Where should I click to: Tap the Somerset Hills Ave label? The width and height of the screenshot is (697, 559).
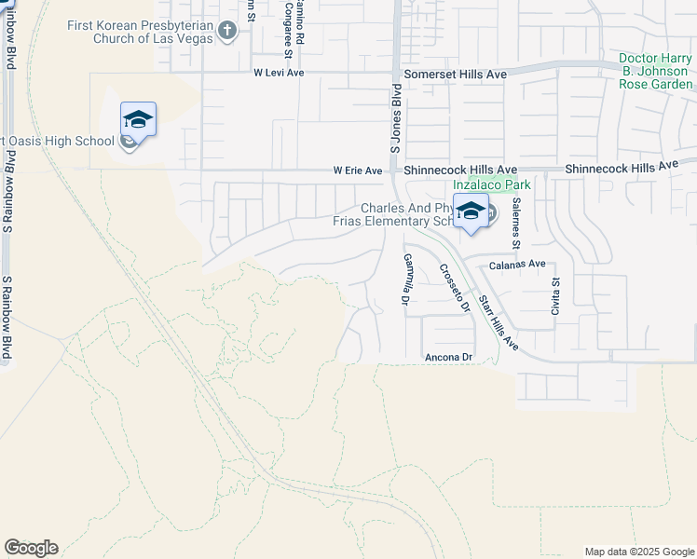454,73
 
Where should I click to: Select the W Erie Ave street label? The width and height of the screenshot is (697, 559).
358,170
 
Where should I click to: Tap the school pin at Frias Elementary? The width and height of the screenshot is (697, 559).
471,211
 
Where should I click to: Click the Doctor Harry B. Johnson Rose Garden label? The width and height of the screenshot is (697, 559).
656,71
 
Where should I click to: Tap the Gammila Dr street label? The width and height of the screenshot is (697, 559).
406,279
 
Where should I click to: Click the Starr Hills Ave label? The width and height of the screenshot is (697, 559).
498,323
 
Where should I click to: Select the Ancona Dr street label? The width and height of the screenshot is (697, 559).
449,357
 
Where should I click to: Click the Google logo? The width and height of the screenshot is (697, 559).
31,548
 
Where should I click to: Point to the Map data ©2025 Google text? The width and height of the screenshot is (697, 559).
638,552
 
